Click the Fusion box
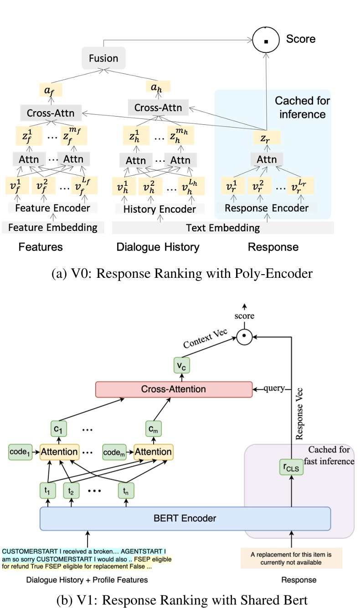(x=103, y=58)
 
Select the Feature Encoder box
(x=52, y=209)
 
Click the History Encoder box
(x=159, y=209)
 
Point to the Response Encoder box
(x=267, y=208)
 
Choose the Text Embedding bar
(x=223, y=228)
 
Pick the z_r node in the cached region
(x=267, y=137)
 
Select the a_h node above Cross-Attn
(x=158, y=87)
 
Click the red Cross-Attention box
(x=173, y=389)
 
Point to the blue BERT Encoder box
(x=185, y=518)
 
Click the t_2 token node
(x=71, y=491)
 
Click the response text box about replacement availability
(x=291, y=558)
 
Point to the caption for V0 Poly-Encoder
(x=180, y=274)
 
